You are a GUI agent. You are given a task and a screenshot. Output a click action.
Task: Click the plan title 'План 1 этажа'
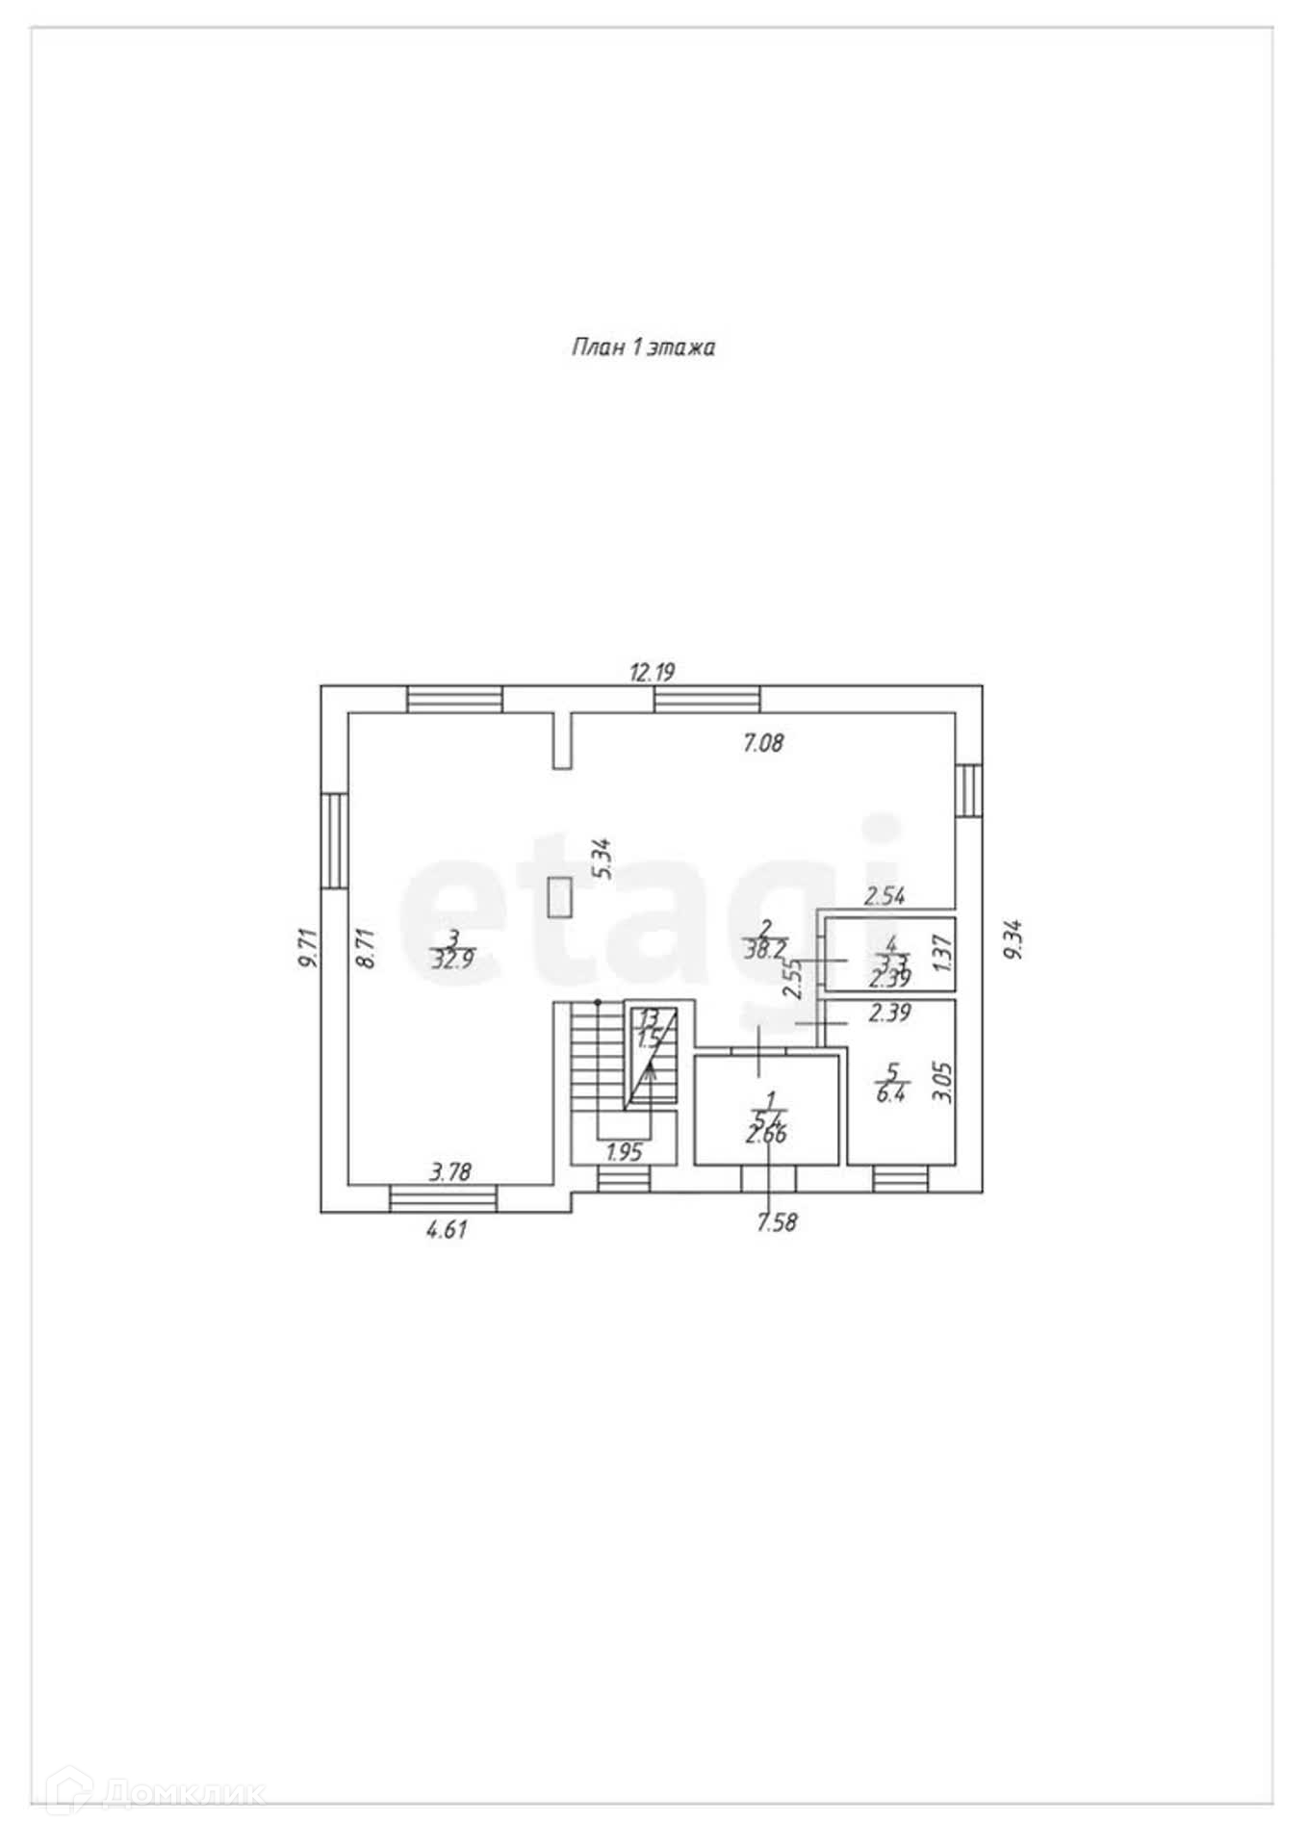[x=643, y=347]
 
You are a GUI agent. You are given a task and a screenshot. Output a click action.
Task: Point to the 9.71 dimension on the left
[x=307, y=948]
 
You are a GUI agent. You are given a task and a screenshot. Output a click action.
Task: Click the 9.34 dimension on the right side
[x=1012, y=939]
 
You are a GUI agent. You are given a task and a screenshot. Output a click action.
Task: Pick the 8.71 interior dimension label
[x=365, y=948]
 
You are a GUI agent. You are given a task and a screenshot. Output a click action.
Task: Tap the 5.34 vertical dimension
[x=602, y=859]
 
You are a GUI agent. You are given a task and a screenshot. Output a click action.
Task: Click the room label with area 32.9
[x=452, y=949]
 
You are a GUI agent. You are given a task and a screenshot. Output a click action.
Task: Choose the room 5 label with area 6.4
[x=891, y=1082]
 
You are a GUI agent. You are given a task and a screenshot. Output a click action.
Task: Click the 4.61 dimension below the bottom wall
[x=447, y=1229]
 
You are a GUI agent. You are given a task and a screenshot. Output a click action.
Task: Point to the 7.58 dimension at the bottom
[x=778, y=1222]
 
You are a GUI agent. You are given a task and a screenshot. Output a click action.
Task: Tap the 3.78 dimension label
[x=449, y=1171]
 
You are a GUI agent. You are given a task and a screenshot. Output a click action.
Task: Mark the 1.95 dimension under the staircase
[x=625, y=1152]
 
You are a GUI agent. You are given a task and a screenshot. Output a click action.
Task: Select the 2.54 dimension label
[x=884, y=896]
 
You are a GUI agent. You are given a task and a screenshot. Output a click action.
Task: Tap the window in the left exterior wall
[x=334, y=840]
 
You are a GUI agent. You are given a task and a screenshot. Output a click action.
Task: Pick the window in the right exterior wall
[x=969, y=790]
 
